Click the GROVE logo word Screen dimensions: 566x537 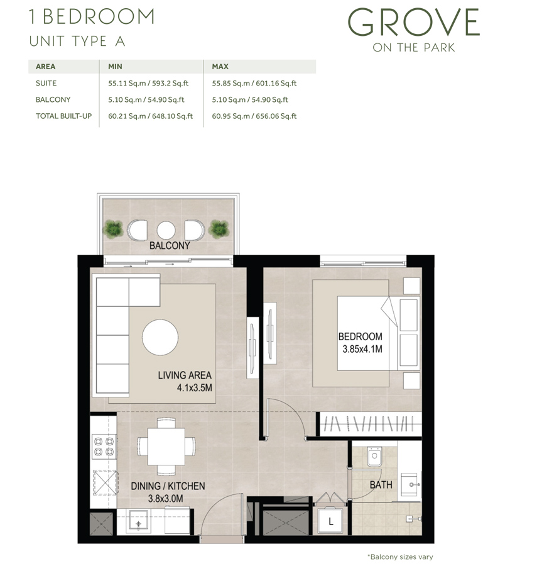[413, 23]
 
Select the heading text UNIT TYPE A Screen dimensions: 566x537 [77, 42]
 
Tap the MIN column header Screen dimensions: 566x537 [115, 66]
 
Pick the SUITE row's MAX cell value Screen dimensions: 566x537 [254, 83]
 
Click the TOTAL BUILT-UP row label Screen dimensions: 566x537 [61, 116]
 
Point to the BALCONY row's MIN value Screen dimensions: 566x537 [146, 99]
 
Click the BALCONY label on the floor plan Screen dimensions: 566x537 [169, 246]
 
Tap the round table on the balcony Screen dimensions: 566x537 [166, 230]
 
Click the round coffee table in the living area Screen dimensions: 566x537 [160, 337]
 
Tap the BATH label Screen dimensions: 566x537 [381, 485]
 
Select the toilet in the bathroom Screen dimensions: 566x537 [373, 457]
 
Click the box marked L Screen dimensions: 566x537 [331, 521]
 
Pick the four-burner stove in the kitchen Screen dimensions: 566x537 [104, 446]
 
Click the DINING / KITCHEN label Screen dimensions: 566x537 [168, 486]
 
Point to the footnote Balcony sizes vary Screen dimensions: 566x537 [399, 557]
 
